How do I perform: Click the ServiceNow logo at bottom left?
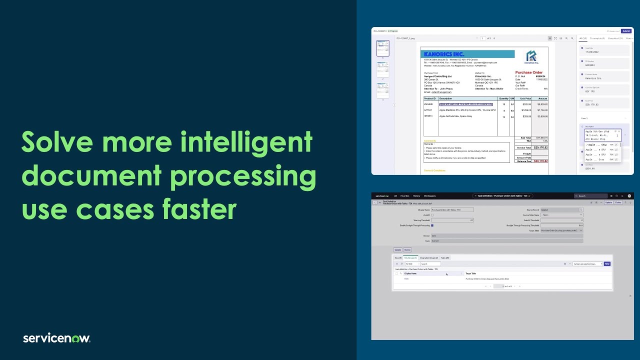(56, 338)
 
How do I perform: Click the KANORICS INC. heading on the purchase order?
(444, 54)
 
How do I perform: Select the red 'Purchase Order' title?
(529, 72)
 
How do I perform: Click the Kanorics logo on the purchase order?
(531, 57)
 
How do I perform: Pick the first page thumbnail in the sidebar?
(383, 48)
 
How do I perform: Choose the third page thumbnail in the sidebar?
(383, 90)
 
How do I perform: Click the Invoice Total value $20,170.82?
(540, 147)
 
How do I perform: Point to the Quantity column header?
(503, 98)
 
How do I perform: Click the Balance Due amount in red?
(540, 161)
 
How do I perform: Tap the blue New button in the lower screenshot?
(607, 263)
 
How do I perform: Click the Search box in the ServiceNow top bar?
(593, 196)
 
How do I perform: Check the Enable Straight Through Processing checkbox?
(432, 225)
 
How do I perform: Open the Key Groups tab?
(410, 258)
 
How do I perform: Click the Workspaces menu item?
(429, 196)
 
